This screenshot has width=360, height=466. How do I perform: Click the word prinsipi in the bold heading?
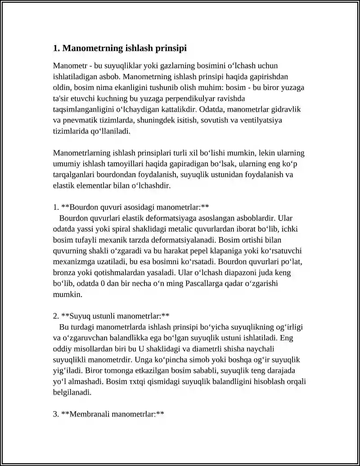(171, 48)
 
